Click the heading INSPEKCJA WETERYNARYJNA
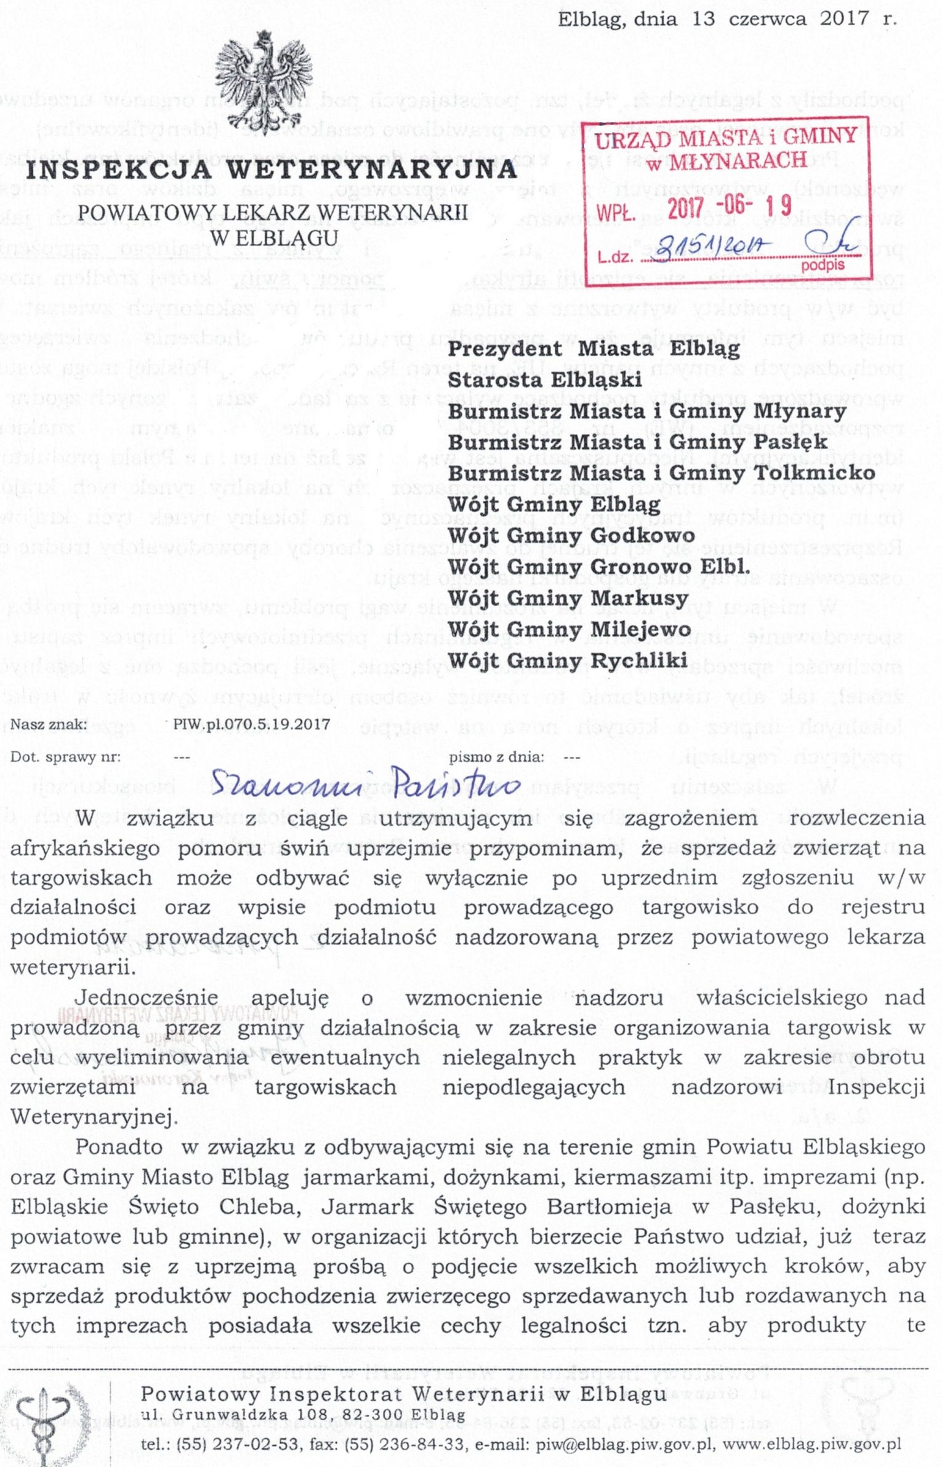click(x=272, y=170)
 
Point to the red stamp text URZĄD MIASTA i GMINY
click(x=726, y=138)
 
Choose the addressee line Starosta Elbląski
click(x=544, y=380)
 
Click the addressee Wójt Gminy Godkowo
click(x=571, y=535)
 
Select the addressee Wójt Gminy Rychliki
click(x=567, y=660)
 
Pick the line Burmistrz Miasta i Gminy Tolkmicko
click(x=661, y=473)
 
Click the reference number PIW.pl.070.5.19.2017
click(x=251, y=724)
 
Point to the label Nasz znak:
click(x=49, y=724)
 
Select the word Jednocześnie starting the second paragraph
click(x=147, y=997)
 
